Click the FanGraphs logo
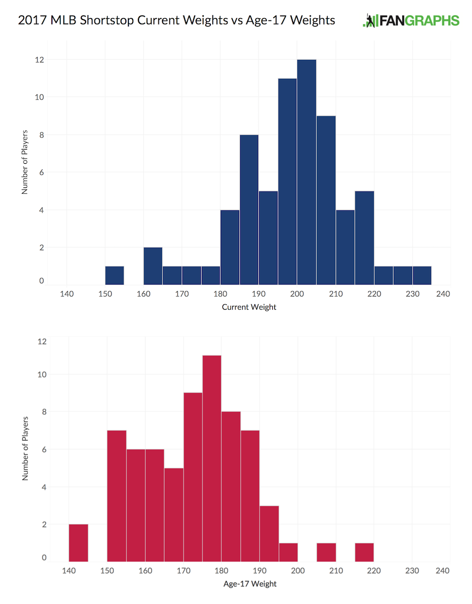tap(411, 21)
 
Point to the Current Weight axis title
tap(249, 307)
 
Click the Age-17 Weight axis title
tap(249, 584)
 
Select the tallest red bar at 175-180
tap(212, 458)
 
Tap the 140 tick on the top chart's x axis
tap(67, 294)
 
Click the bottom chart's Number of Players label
tap(25, 449)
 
